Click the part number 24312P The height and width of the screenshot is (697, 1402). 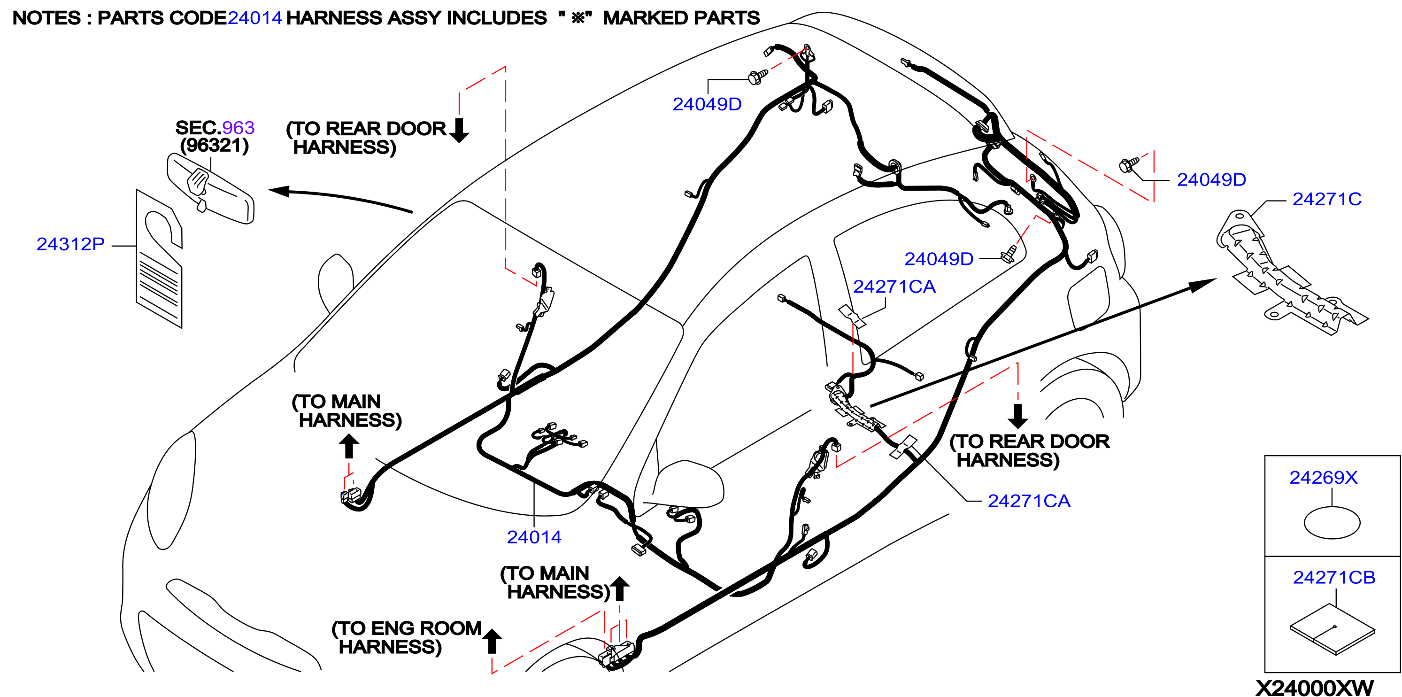click(70, 244)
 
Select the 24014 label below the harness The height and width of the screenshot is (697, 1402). click(534, 537)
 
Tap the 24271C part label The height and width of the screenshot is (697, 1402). click(1327, 199)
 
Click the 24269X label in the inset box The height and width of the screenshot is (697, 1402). click(1323, 478)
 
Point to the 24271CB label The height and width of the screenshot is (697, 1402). click(1334, 577)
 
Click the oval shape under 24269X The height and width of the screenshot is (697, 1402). click(1332, 523)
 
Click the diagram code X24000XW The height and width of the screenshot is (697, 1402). click(1314, 687)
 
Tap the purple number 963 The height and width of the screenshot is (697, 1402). click(239, 127)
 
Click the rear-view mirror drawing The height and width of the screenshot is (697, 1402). click(210, 188)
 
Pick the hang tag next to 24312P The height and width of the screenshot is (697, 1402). click(159, 259)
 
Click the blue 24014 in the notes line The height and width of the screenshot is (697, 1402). click(254, 18)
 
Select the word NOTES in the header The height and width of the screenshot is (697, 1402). click(46, 18)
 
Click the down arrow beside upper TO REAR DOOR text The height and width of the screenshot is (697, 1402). click(459, 130)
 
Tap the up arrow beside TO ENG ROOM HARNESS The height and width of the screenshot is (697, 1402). click(492, 641)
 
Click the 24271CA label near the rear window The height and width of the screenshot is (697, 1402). click(894, 287)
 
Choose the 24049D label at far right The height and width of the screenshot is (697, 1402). click(1211, 180)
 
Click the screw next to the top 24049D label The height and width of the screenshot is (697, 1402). click(758, 77)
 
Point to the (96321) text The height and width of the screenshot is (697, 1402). click(215, 146)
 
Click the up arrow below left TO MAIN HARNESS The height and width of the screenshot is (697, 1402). click(349, 447)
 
